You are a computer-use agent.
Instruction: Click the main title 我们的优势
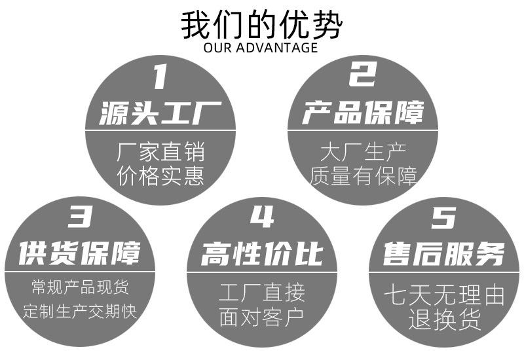click(x=261, y=24)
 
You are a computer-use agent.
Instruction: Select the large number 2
click(x=362, y=75)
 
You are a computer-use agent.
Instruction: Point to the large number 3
click(x=79, y=217)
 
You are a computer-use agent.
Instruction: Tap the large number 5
click(x=443, y=217)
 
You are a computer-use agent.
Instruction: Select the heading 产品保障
click(x=363, y=113)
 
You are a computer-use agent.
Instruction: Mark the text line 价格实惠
click(x=160, y=176)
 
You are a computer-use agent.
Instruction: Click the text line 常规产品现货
click(x=80, y=287)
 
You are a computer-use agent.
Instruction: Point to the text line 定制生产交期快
click(x=80, y=310)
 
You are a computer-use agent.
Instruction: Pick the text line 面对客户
click(x=262, y=319)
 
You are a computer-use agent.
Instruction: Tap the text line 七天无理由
click(x=444, y=296)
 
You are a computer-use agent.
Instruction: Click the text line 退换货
click(x=444, y=319)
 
